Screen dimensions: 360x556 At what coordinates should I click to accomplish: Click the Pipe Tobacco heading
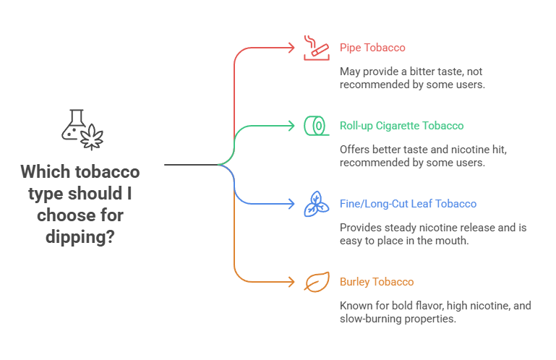(x=372, y=48)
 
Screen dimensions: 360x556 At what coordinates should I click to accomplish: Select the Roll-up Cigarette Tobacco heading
(x=401, y=126)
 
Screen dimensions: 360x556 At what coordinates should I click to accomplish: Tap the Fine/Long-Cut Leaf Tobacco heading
(x=408, y=204)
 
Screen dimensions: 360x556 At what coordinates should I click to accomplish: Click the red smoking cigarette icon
(x=315, y=47)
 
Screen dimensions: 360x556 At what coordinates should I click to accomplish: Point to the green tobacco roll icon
(x=315, y=126)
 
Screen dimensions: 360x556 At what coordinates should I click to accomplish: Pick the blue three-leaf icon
(x=315, y=204)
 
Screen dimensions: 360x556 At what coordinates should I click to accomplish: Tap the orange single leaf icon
(x=315, y=282)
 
